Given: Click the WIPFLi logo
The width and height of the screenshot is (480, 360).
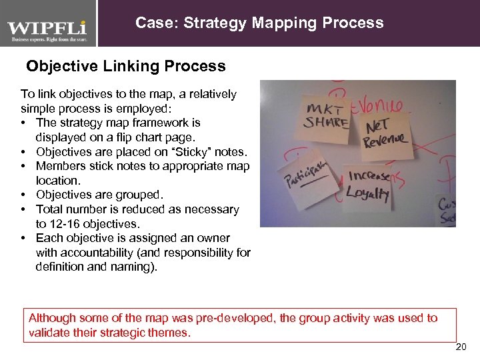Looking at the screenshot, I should click(47, 31).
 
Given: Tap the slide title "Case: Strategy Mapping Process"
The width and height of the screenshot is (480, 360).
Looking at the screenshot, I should click(259, 23).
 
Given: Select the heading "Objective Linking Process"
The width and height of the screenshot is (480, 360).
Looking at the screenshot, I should click(125, 67).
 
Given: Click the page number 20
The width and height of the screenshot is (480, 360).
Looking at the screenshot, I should click(461, 347).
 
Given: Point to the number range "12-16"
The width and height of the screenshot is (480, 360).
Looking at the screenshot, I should click(65, 223).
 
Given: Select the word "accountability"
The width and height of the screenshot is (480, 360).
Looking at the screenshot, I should click(97, 253).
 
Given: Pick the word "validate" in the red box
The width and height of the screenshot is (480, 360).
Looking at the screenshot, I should click(49, 332).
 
